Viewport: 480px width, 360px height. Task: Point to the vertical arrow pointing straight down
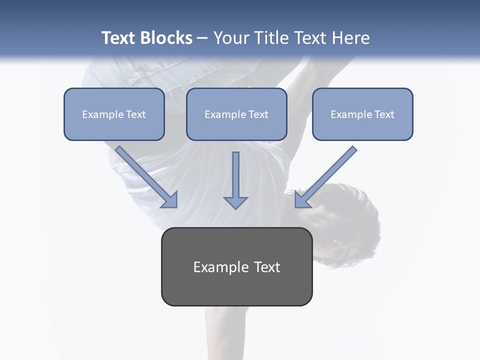(x=235, y=180)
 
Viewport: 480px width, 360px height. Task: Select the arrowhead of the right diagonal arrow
(x=302, y=199)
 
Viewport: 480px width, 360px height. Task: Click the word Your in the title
(x=232, y=38)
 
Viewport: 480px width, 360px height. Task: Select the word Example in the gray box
(x=221, y=267)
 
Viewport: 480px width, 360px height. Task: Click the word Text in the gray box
(x=267, y=267)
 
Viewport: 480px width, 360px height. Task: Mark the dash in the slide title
(x=202, y=38)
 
